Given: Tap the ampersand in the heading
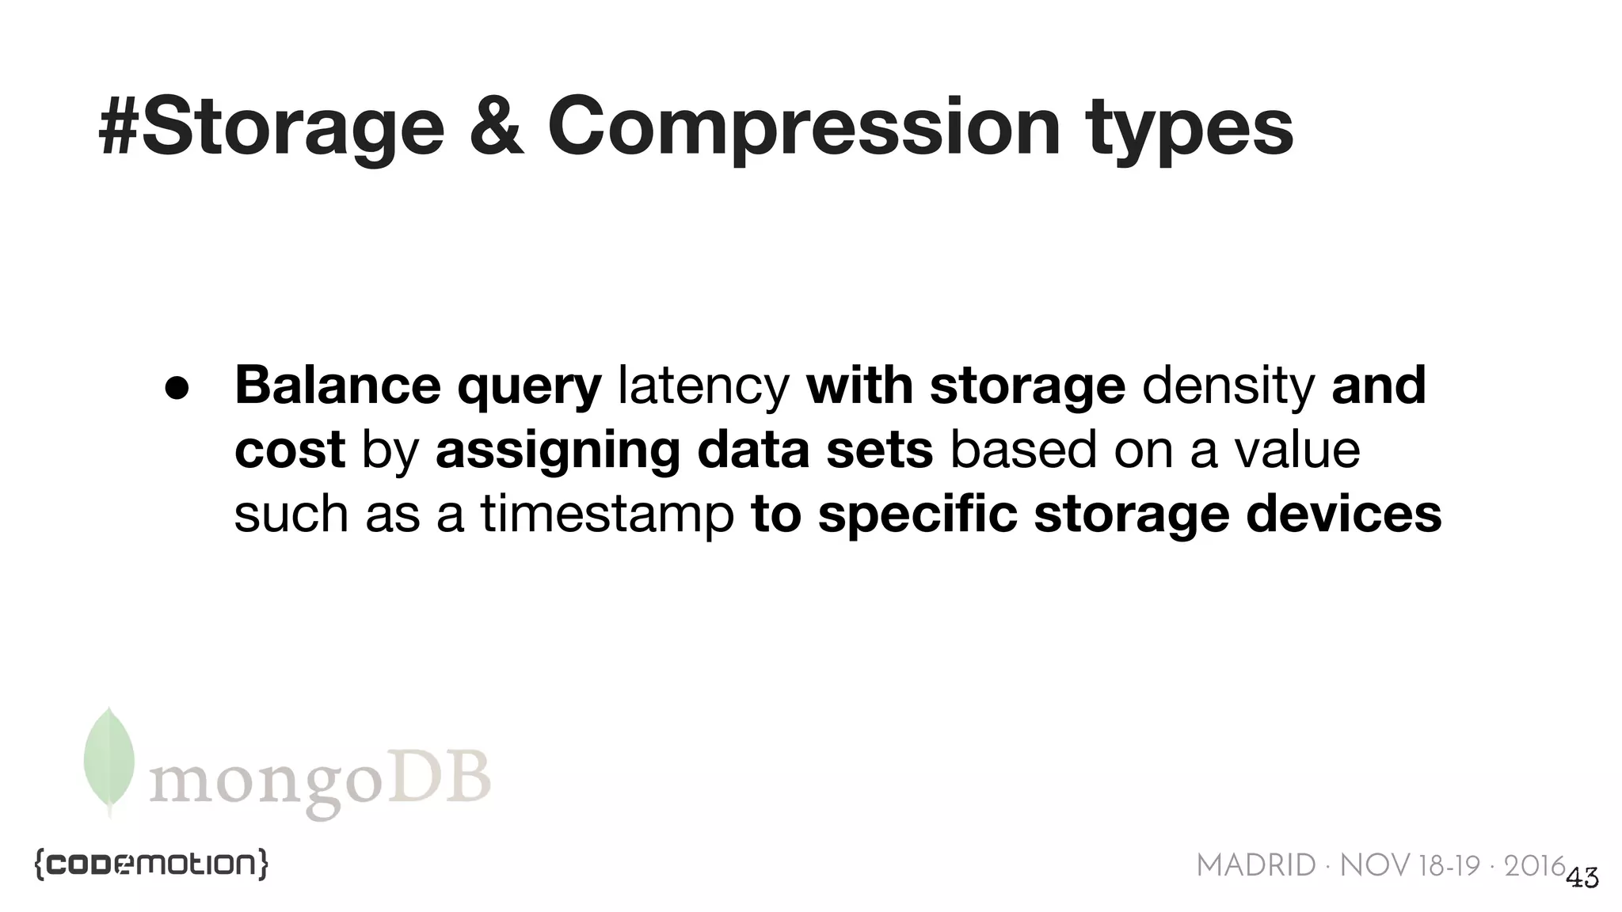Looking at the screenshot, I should coord(497,127).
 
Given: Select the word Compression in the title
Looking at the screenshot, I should coord(804,127).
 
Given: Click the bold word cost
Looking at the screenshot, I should coord(290,450).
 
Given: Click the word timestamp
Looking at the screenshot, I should coord(607,514).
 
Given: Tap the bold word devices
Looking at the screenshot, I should coord(1343,514).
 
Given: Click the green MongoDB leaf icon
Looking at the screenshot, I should coord(109,759).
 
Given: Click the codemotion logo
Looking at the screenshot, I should coord(151,864).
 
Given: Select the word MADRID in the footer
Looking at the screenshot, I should coord(1255,866).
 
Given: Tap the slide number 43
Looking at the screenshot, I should coord(1582,877).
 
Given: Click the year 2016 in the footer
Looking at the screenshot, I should coord(1535,866).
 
